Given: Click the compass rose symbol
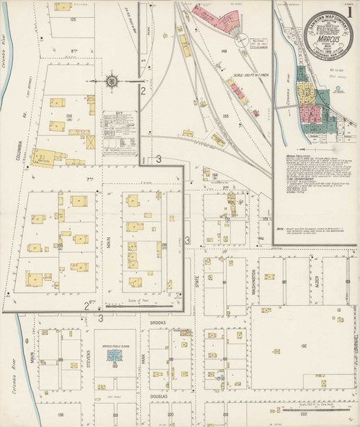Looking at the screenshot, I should click(113, 81).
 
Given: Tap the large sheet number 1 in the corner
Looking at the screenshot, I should click(348, 132).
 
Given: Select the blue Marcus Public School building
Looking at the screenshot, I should click(114, 356).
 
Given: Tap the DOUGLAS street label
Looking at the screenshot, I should click(158, 395).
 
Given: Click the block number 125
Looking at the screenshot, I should click(73, 19).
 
